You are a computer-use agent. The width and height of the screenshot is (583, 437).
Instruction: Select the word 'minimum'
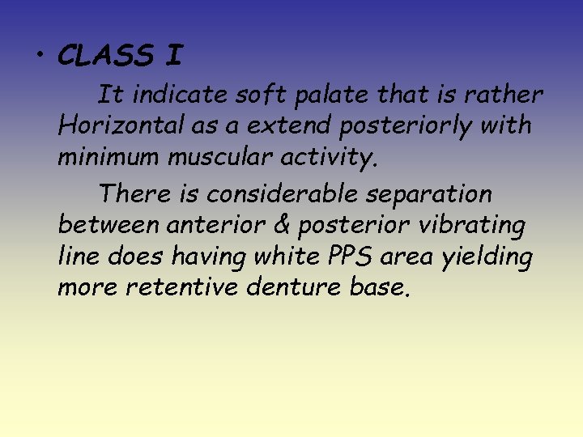[x=107, y=156]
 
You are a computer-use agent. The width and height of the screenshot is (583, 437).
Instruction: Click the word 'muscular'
[x=207, y=156]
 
